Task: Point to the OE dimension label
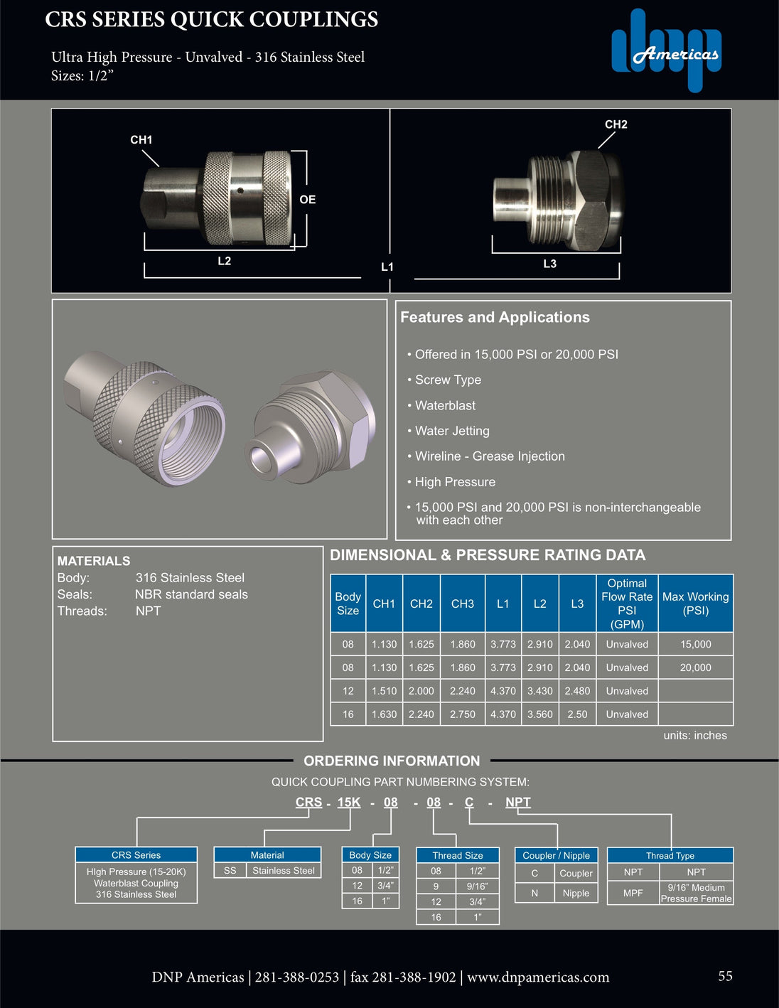307,200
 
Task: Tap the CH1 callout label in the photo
141,140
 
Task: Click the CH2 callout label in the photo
616,124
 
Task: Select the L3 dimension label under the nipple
549,264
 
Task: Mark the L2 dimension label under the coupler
224,261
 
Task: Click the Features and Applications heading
495,318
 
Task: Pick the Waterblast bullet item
445,406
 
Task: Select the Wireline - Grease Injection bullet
490,456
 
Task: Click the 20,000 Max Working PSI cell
695,667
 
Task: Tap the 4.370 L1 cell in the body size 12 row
503,691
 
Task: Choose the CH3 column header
462,604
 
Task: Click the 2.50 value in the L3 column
577,714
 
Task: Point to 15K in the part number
348,803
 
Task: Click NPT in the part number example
517,803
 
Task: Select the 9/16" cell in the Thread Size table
477,886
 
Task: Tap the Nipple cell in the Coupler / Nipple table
576,893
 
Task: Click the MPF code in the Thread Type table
633,893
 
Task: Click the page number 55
725,976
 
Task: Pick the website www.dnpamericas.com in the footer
538,977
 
